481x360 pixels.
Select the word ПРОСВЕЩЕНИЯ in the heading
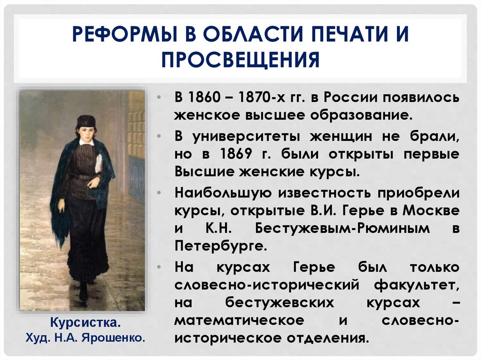[240, 60]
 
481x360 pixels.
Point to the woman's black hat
[86, 121]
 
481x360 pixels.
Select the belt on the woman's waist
[83, 177]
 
